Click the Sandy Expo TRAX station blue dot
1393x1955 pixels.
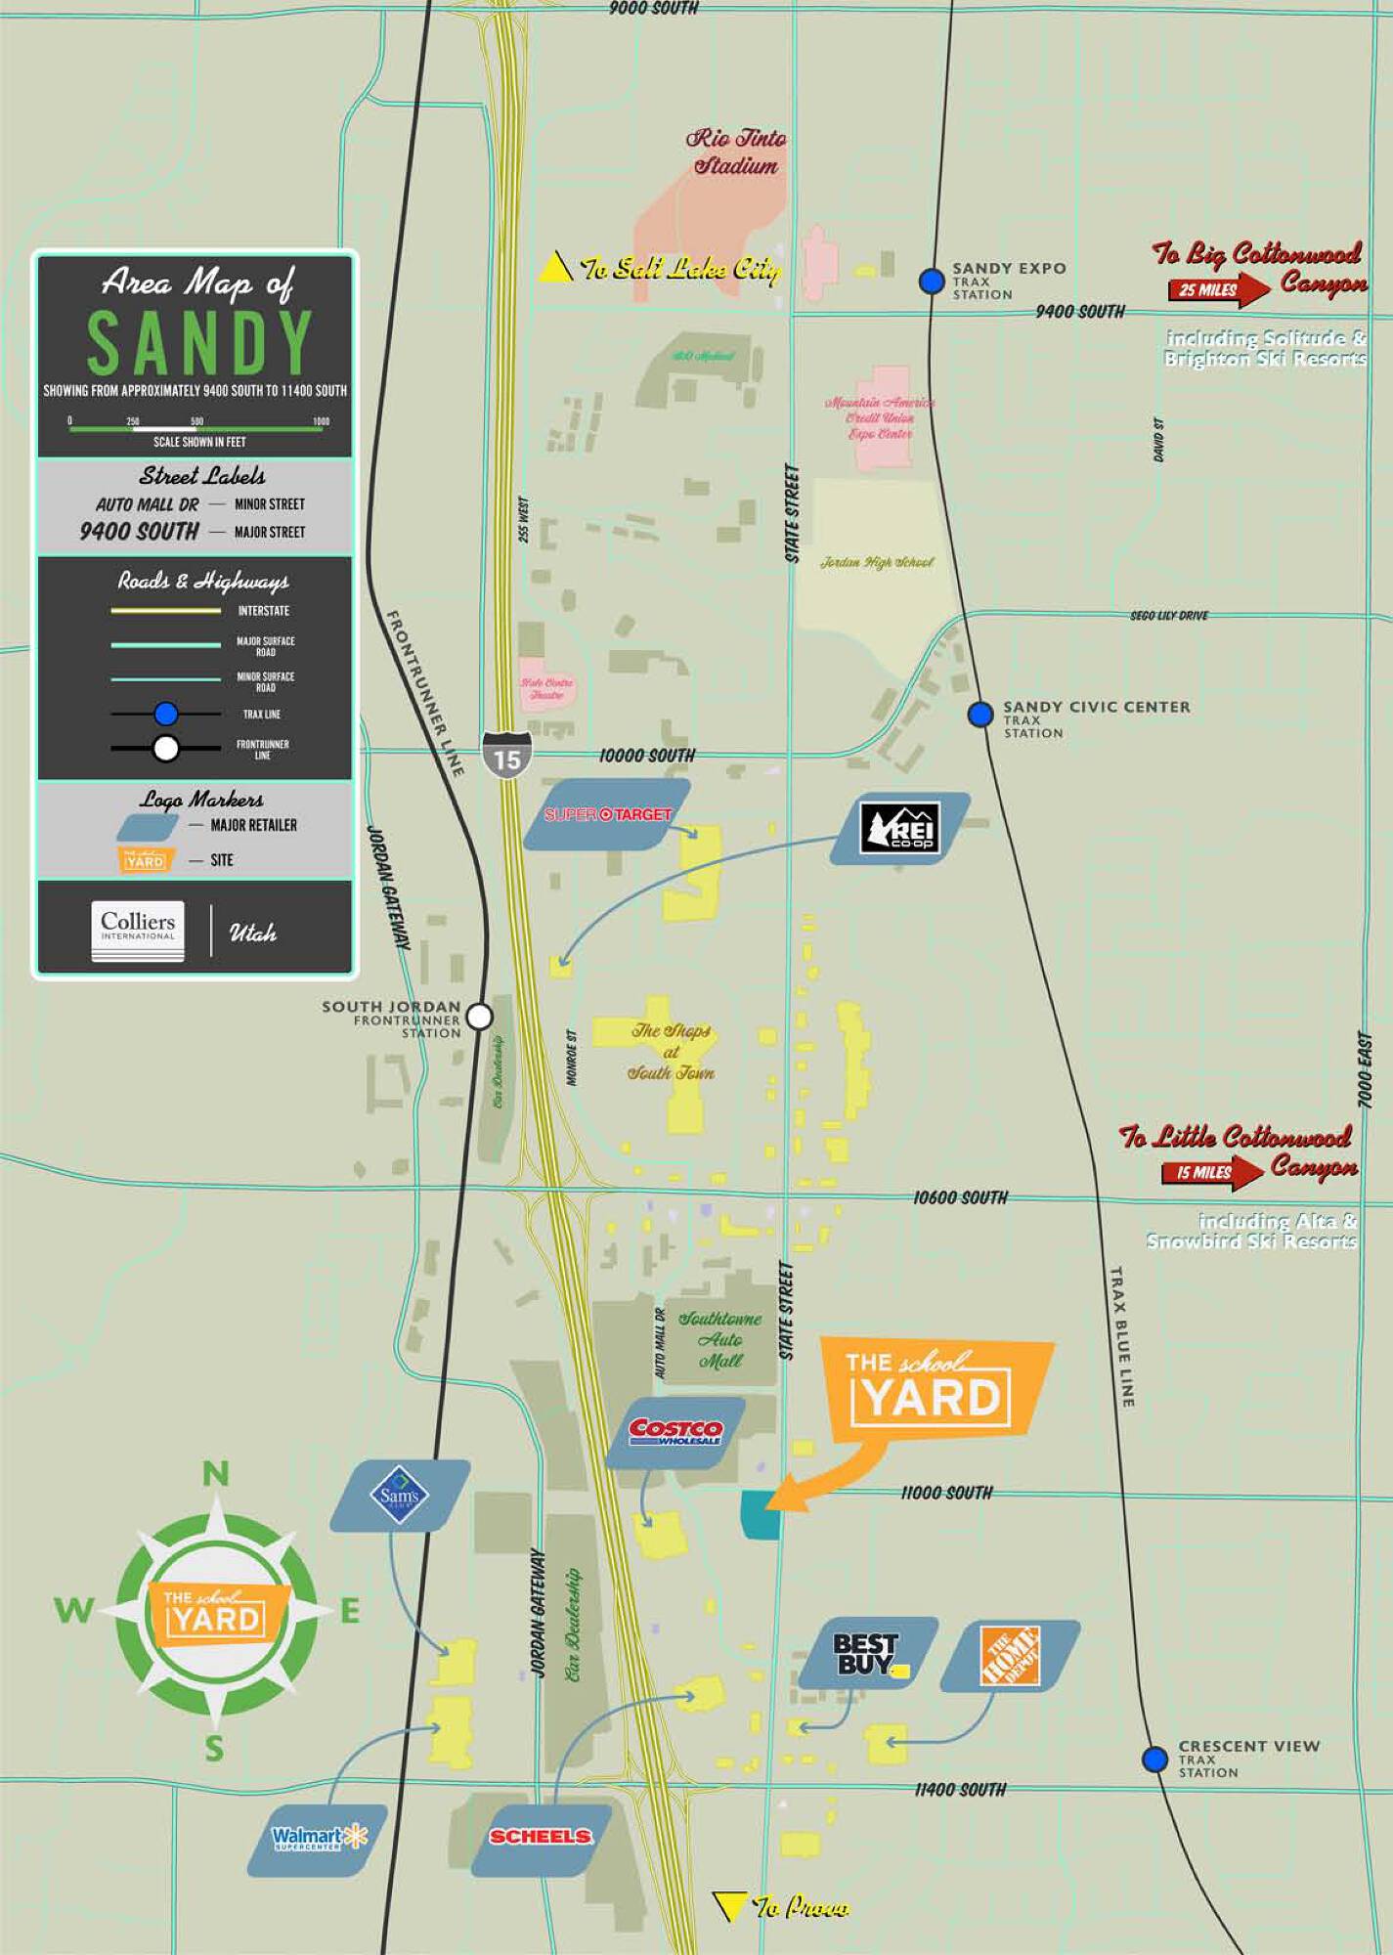click(932, 282)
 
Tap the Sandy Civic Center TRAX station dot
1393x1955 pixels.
click(980, 715)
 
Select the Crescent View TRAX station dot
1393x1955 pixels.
click(1155, 1759)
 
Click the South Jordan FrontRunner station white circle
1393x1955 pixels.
click(479, 1017)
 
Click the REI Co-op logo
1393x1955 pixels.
click(900, 828)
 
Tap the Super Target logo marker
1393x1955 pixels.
click(607, 814)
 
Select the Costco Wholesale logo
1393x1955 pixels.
click(675, 1432)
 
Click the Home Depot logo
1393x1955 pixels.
click(1011, 1656)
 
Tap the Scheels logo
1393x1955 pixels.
click(541, 1837)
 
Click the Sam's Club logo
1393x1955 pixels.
click(400, 1496)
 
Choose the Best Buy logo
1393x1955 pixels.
click(868, 1655)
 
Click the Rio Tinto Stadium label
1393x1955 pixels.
click(736, 152)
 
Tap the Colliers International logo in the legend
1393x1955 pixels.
click(138, 930)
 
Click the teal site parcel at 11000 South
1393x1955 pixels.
click(761, 1515)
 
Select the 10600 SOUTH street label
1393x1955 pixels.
click(960, 1197)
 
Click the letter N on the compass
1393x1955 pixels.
click(216, 1473)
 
